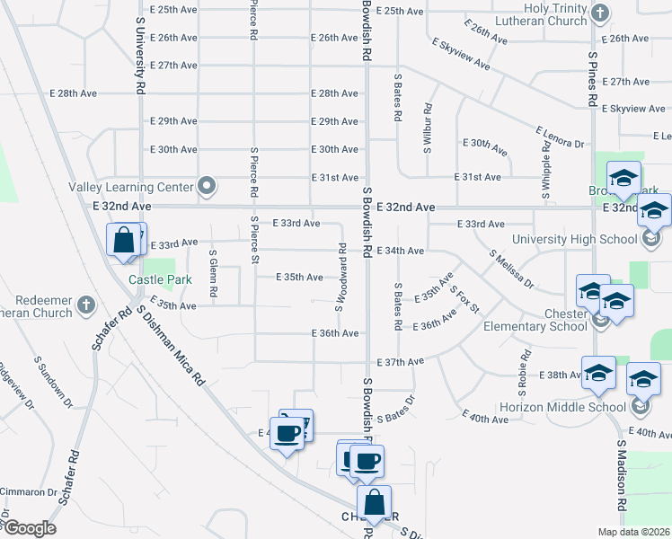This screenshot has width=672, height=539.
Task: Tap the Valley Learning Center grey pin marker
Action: [x=207, y=187]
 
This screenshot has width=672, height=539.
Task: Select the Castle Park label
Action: [x=160, y=279]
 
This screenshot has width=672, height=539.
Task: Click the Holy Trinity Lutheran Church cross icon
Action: [x=602, y=13]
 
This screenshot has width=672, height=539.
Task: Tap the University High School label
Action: [x=574, y=239]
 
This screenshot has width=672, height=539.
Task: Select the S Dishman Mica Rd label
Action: [x=172, y=346]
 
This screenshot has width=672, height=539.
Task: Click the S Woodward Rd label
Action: [x=341, y=277]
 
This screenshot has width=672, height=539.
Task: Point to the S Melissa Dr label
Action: [x=512, y=269]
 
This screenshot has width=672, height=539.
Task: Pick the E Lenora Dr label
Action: [x=560, y=137]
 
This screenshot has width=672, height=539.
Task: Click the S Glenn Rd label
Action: [x=214, y=275]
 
